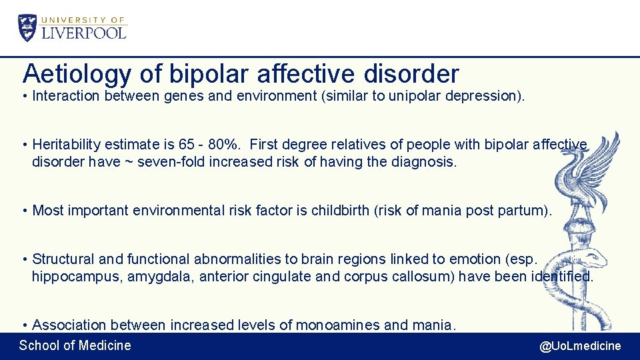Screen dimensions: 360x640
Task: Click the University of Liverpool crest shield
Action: [x=29, y=27]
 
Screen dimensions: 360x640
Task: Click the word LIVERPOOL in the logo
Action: [x=84, y=32]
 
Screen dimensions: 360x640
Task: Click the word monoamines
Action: [x=338, y=325]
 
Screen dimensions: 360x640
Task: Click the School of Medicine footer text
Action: [x=75, y=345]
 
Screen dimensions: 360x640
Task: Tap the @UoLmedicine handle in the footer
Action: [x=579, y=345]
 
